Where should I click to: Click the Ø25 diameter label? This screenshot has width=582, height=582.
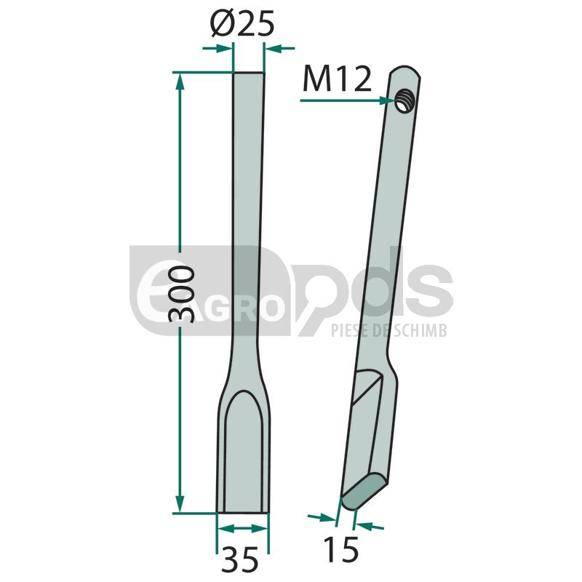(x=242, y=23)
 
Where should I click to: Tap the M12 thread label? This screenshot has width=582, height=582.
(x=337, y=79)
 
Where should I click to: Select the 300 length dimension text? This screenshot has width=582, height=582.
(x=181, y=293)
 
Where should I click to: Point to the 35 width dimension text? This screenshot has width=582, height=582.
(x=240, y=559)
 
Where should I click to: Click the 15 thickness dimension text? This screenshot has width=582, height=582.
(x=340, y=550)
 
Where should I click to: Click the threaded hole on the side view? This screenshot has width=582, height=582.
(x=404, y=100)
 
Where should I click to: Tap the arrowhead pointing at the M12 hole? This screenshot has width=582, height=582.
(x=388, y=100)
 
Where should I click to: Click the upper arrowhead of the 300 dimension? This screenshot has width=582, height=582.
(x=180, y=81)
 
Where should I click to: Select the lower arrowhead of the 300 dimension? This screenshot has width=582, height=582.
(x=180, y=503)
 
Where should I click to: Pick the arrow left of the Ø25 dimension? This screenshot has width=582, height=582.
(x=216, y=48)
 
